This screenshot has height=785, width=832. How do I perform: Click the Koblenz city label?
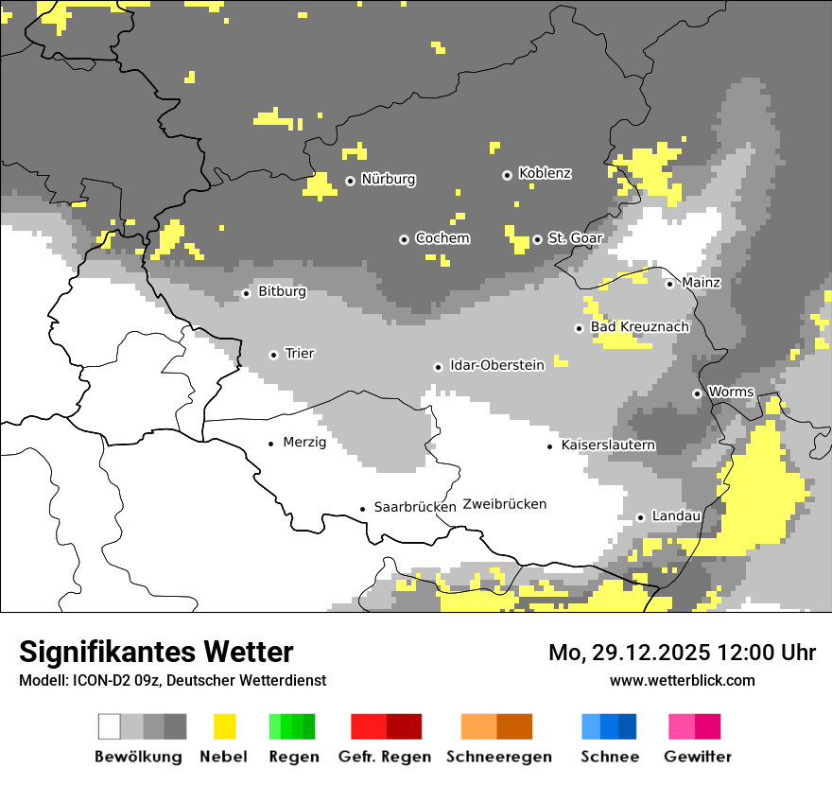tap(545, 173)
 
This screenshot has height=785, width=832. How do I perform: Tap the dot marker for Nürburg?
tap(350, 180)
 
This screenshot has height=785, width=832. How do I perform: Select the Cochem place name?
tap(442, 238)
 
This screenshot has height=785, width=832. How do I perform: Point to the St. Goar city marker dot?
tap(537, 239)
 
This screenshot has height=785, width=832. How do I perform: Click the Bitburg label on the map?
tap(282, 291)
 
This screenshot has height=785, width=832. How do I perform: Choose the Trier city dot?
tap(273, 355)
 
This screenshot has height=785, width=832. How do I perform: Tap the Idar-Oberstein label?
tap(496, 365)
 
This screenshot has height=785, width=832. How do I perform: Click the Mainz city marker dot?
tap(669, 284)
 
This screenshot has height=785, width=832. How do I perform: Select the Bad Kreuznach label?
tap(639, 327)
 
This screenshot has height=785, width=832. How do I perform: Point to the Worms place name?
tap(731, 392)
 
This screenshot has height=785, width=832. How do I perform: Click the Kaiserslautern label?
tap(608, 445)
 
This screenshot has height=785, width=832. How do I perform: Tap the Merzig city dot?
tap(271, 443)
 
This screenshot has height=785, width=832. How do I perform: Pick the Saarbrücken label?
tap(415, 507)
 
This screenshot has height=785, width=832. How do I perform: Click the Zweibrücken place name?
tap(505, 504)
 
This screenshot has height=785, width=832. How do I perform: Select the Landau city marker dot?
tap(640, 517)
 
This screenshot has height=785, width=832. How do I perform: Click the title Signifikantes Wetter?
tap(156, 652)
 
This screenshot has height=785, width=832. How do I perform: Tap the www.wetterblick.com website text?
tap(682, 680)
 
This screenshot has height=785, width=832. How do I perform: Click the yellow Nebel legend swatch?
tap(224, 726)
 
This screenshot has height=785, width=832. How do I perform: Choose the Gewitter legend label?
tap(697, 757)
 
